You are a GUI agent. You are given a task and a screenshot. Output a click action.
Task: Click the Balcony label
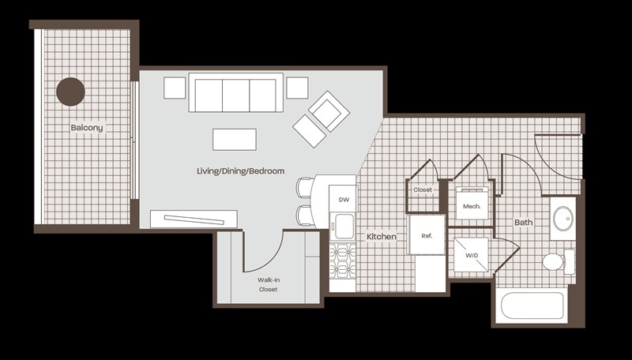pos(86,127)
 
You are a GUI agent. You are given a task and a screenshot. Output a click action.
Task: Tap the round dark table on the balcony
pos(70,92)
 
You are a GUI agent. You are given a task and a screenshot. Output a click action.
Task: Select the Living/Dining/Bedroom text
pos(240,171)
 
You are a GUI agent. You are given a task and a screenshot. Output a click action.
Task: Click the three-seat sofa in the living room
pos(236,95)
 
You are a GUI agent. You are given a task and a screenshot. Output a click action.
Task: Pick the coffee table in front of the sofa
pos(234,139)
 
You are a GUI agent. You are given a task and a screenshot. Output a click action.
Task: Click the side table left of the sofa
pos(175,88)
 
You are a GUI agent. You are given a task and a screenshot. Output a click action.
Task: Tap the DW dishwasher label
pos(343,200)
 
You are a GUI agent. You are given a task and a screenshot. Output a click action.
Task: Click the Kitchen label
pos(381,236)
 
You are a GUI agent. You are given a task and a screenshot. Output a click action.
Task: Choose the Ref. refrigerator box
pos(427,236)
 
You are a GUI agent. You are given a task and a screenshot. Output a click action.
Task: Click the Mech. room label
pos(472,206)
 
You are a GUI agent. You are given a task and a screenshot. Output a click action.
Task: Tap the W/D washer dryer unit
pos(472,255)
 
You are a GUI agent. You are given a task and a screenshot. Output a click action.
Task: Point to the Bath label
pos(524,223)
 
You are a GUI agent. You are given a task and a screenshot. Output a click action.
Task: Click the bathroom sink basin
pos(563,217)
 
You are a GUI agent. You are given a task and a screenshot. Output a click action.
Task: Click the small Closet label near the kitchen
pos(423,189)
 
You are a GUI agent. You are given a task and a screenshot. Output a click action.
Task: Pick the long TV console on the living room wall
pos(195,217)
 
